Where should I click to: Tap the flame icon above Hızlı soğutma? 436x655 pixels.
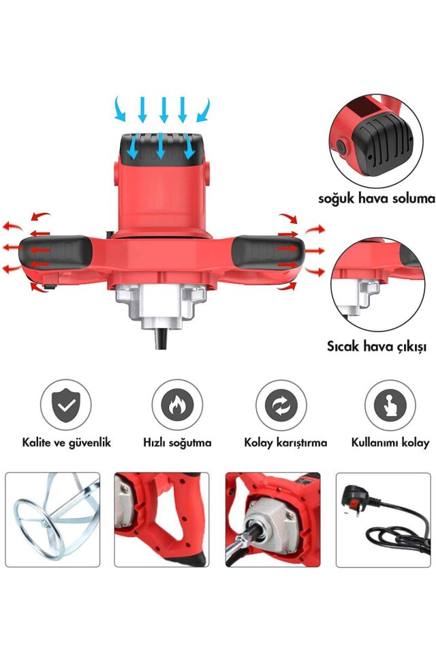[x=177, y=405]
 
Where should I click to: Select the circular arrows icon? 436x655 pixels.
[x=281, y=405]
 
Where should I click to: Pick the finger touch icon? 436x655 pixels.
[x=390, y=405]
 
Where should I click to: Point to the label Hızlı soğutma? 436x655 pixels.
[x=177, y=442]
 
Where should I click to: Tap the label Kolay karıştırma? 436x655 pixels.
[x=285, y=442]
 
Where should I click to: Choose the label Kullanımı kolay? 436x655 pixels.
[x=390, y=442]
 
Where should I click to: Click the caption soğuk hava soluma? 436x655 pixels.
[x=377, y=199]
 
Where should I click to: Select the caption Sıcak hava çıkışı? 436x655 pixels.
[x=376, y=347]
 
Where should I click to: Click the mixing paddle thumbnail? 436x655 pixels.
[x=52, y=520]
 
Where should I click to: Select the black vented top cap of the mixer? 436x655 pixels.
[x=162, y=147]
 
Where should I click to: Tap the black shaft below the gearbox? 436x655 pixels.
[x=161, y=338]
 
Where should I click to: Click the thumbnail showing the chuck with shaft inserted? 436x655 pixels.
[x=272, y=520]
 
